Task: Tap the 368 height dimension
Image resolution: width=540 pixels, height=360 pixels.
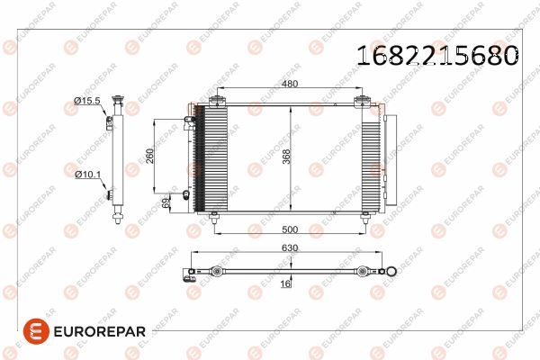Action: [286, 156]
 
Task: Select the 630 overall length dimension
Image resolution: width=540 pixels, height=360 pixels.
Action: [289, 246]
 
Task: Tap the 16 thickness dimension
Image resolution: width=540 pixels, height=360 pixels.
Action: [287, 283]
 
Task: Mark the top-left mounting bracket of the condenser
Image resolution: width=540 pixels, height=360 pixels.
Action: [215, 101]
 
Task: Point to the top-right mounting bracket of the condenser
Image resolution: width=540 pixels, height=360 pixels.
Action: [364, 101]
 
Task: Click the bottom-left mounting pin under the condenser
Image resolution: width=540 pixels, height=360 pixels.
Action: [214, 216]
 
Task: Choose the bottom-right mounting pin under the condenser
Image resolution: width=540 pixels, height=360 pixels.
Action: [364, 216]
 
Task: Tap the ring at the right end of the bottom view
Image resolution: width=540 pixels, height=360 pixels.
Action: [391, 269]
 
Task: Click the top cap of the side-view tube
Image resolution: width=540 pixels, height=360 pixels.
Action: [115, 100]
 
